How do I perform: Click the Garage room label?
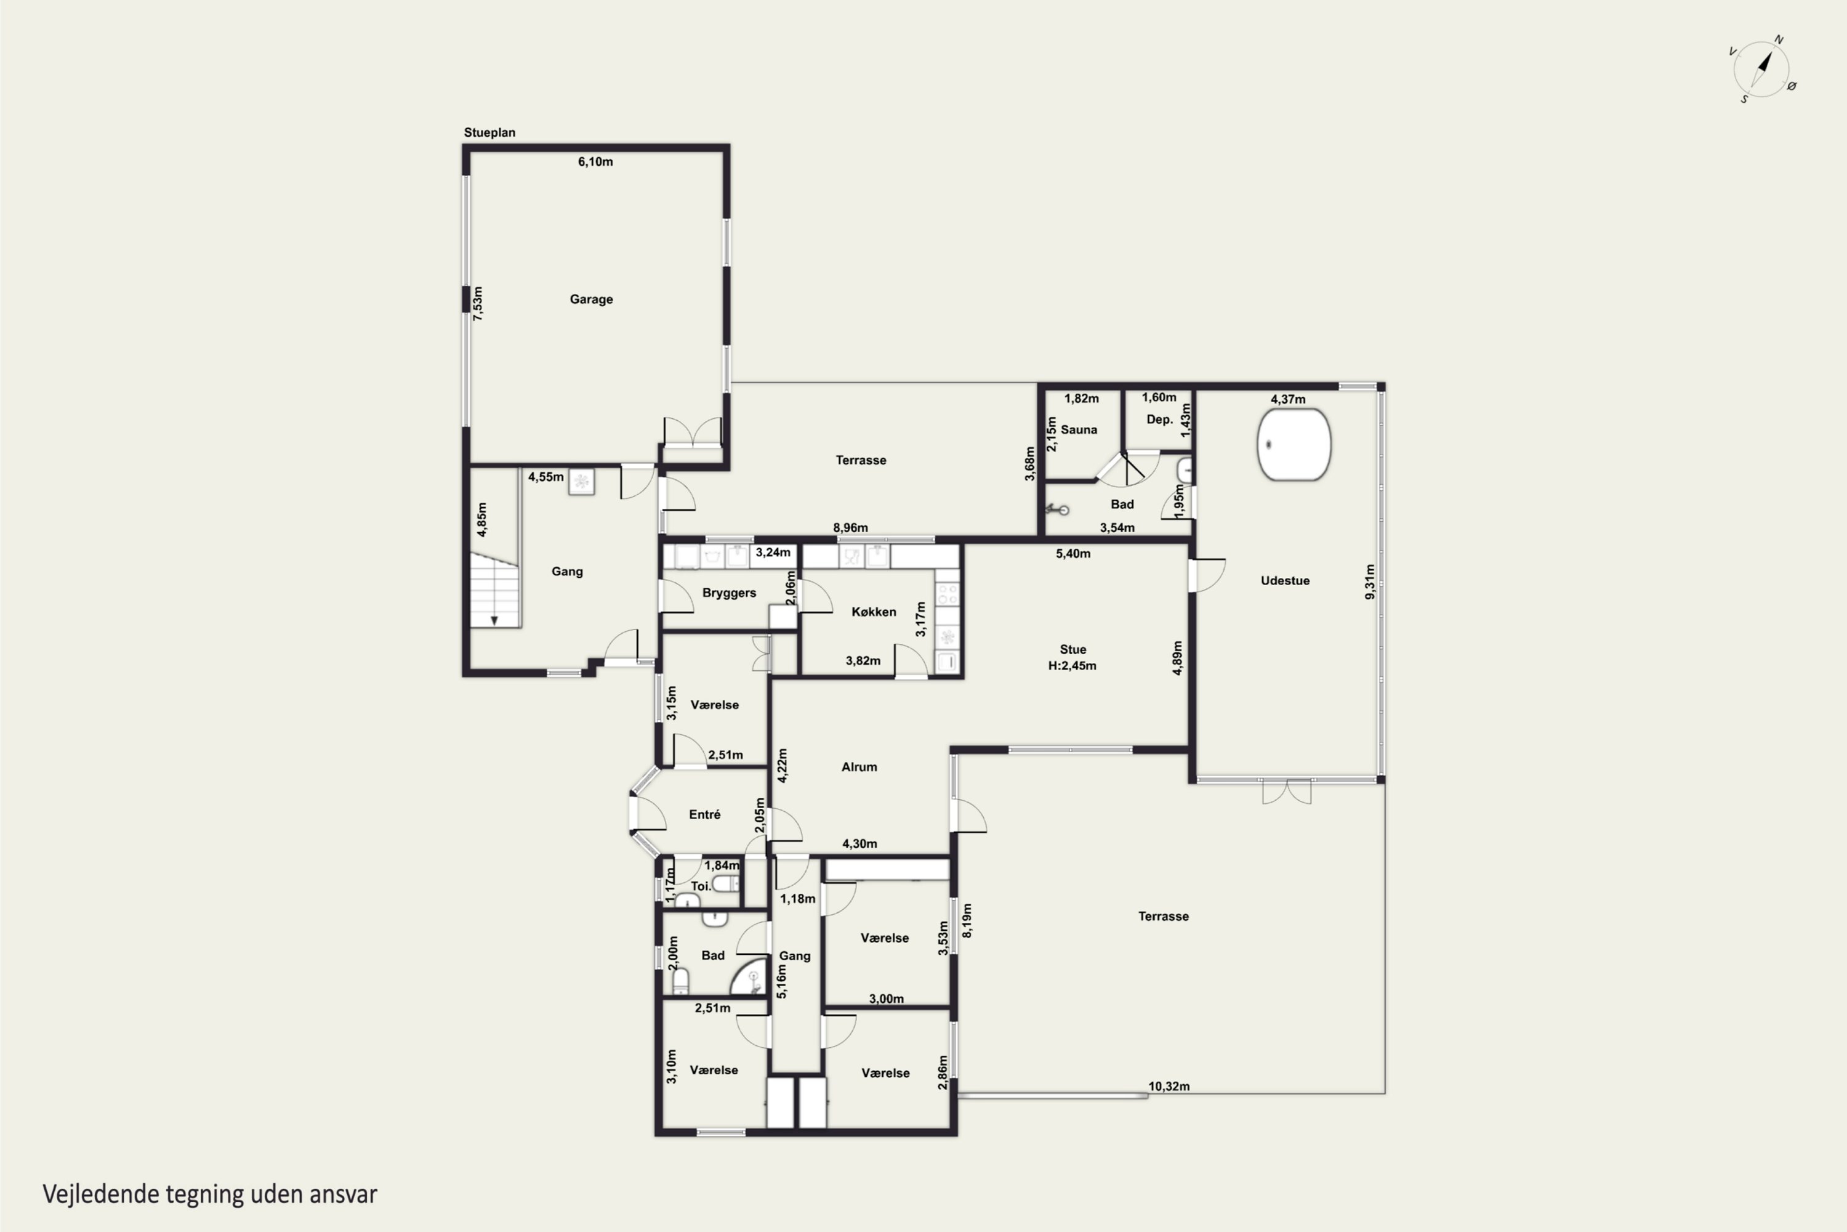tap(591, 299)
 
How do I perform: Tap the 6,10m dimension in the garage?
tap(595, 162)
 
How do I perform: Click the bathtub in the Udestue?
tap(1294, 444)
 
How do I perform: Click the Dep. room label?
tap(1159, 419)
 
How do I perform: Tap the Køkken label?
tap(873, 612)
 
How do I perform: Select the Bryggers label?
tap(729, 593)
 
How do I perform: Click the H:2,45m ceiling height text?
tap(1072, 665)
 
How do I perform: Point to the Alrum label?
tap(859, 767)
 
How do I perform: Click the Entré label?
tap(704, 815)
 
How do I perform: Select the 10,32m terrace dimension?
tap(1169, 1087)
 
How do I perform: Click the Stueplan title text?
tap(489, 133)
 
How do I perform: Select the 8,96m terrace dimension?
tap(850, 528)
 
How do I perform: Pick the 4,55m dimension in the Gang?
tap(545, 477)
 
